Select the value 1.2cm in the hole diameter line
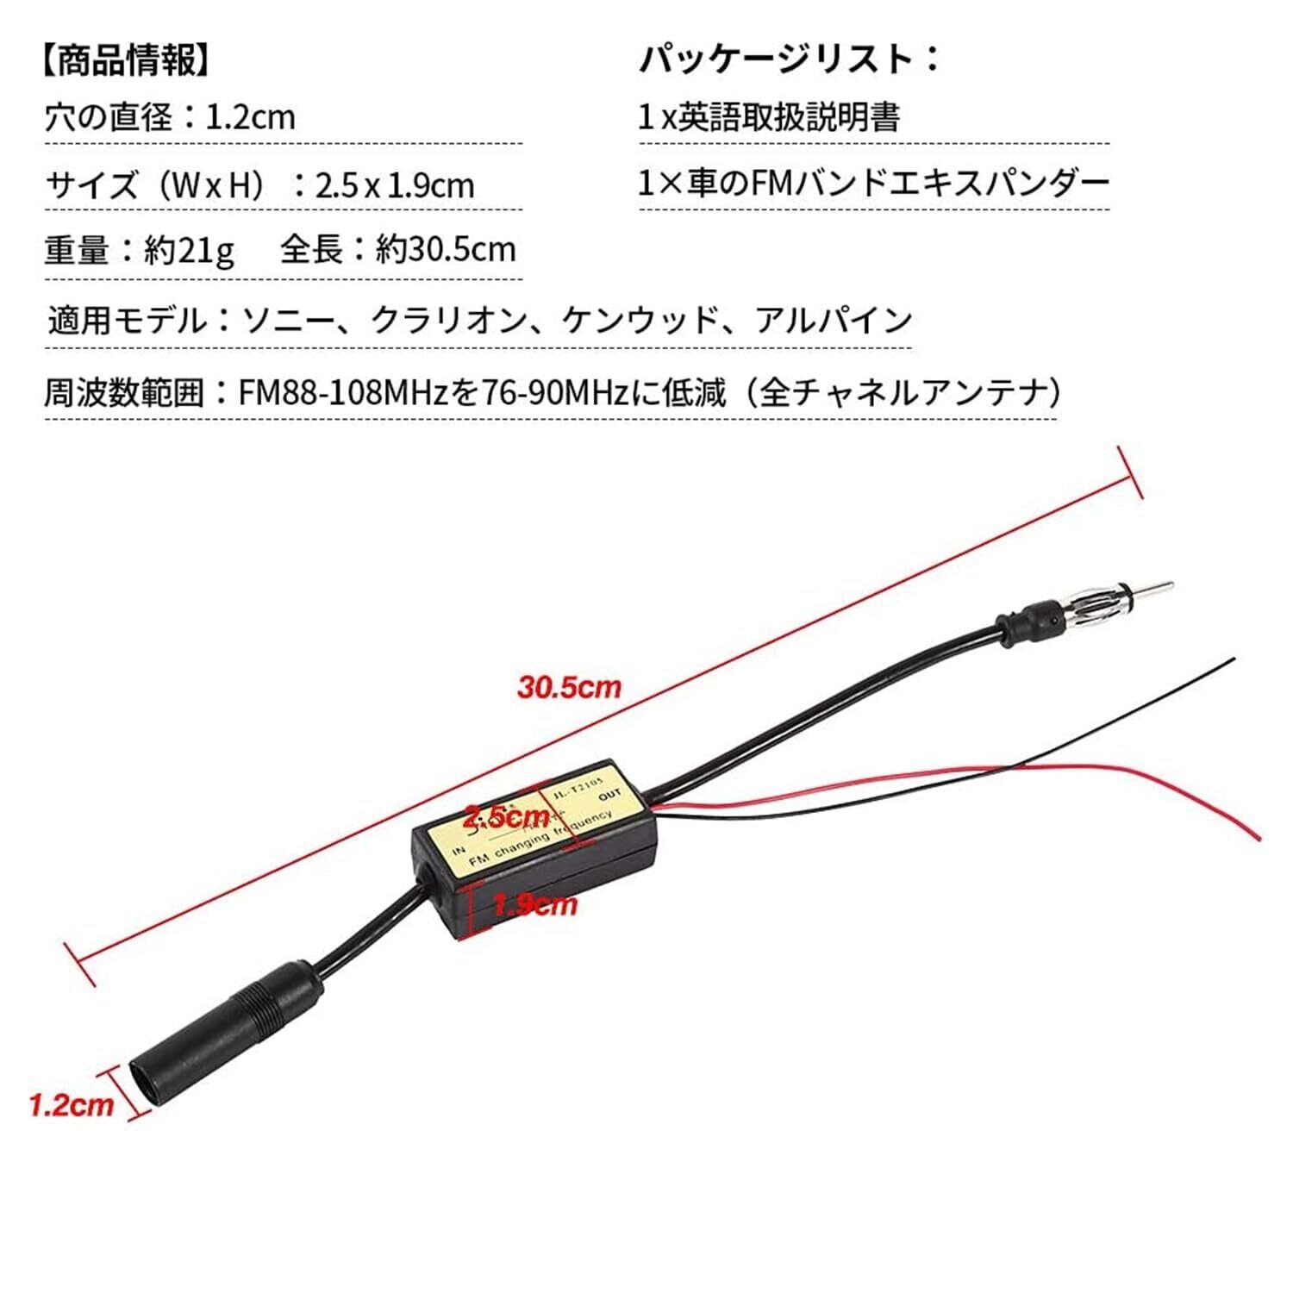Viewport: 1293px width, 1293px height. point(250,117)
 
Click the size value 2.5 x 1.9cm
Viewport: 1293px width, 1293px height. point(395,185)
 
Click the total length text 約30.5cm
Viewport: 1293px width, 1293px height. point(446,250)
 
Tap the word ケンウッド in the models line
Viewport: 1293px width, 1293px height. point(640,321)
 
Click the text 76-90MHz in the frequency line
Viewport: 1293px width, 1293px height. point(555,393)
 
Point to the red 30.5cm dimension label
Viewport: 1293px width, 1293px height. point(569,687)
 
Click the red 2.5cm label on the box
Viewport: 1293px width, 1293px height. point(506,815)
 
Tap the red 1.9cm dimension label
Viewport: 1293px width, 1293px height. point(534,904)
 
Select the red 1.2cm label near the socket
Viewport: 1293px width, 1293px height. point(72,1105)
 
